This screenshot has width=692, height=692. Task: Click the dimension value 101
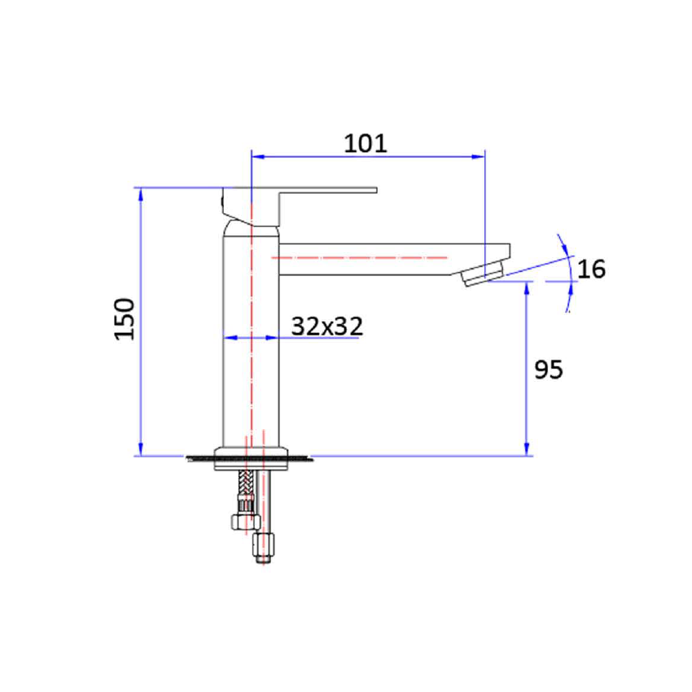point(366,143)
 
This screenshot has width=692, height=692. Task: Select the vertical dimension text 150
point(124,318)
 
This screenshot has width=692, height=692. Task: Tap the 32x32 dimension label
point(326,326)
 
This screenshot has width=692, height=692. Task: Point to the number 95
point(548,370)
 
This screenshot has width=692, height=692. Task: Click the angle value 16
point(592,269)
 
